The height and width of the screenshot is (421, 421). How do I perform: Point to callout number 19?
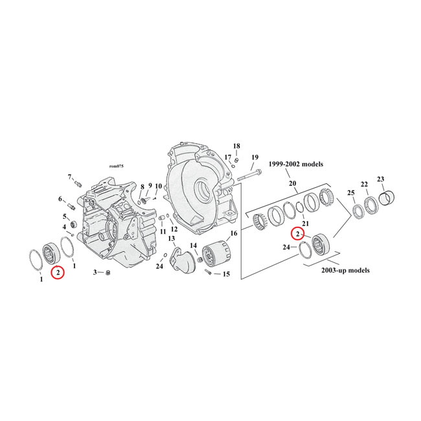255,157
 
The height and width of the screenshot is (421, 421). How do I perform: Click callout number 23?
381,179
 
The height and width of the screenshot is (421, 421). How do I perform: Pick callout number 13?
172,239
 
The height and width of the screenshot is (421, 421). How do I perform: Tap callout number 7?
69,177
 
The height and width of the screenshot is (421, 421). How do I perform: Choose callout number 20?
293,184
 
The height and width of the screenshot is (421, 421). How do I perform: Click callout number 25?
351,194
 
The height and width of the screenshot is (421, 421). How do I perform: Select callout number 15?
226,274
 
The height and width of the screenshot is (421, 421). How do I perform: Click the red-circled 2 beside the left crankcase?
59,273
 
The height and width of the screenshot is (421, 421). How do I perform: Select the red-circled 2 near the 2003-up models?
298,234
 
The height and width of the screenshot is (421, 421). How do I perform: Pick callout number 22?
364,185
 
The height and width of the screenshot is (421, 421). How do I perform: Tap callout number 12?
174,229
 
